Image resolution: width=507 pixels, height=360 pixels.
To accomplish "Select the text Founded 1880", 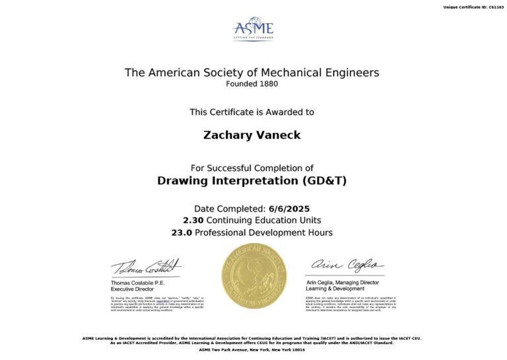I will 252,84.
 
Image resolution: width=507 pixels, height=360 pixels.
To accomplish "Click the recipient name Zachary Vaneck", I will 252,135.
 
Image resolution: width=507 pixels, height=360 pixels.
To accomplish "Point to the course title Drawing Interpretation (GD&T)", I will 252,180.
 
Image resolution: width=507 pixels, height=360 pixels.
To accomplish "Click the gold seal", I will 254,275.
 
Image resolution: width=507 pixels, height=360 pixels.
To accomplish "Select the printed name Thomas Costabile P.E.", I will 139,283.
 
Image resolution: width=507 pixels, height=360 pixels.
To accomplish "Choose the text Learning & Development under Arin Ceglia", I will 335,289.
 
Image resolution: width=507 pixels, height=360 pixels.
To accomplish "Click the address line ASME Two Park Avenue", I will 252,349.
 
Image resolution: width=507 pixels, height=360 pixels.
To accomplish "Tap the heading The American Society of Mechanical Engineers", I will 252,73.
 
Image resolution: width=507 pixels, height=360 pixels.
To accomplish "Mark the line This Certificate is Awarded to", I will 252,112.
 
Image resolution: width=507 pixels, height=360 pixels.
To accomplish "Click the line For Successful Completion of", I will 252,168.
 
